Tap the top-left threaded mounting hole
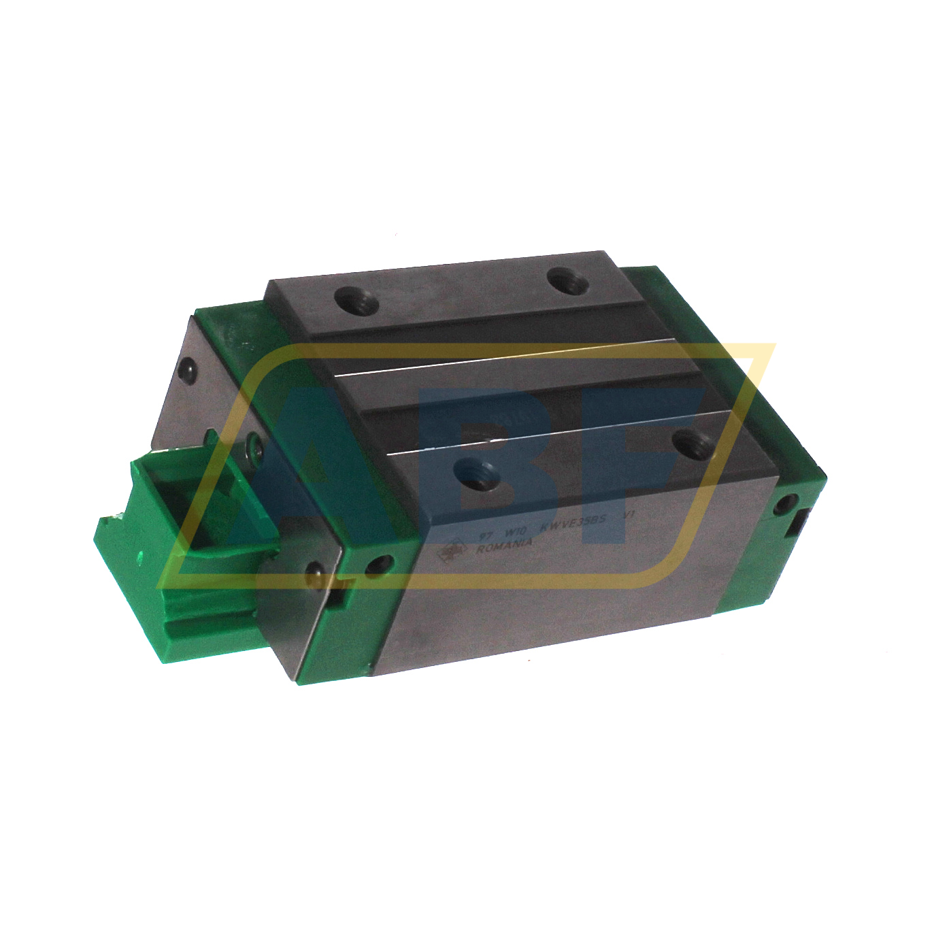pos(356,301)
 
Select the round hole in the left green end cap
pos(378,564)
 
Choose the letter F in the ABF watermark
pos(633,463)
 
